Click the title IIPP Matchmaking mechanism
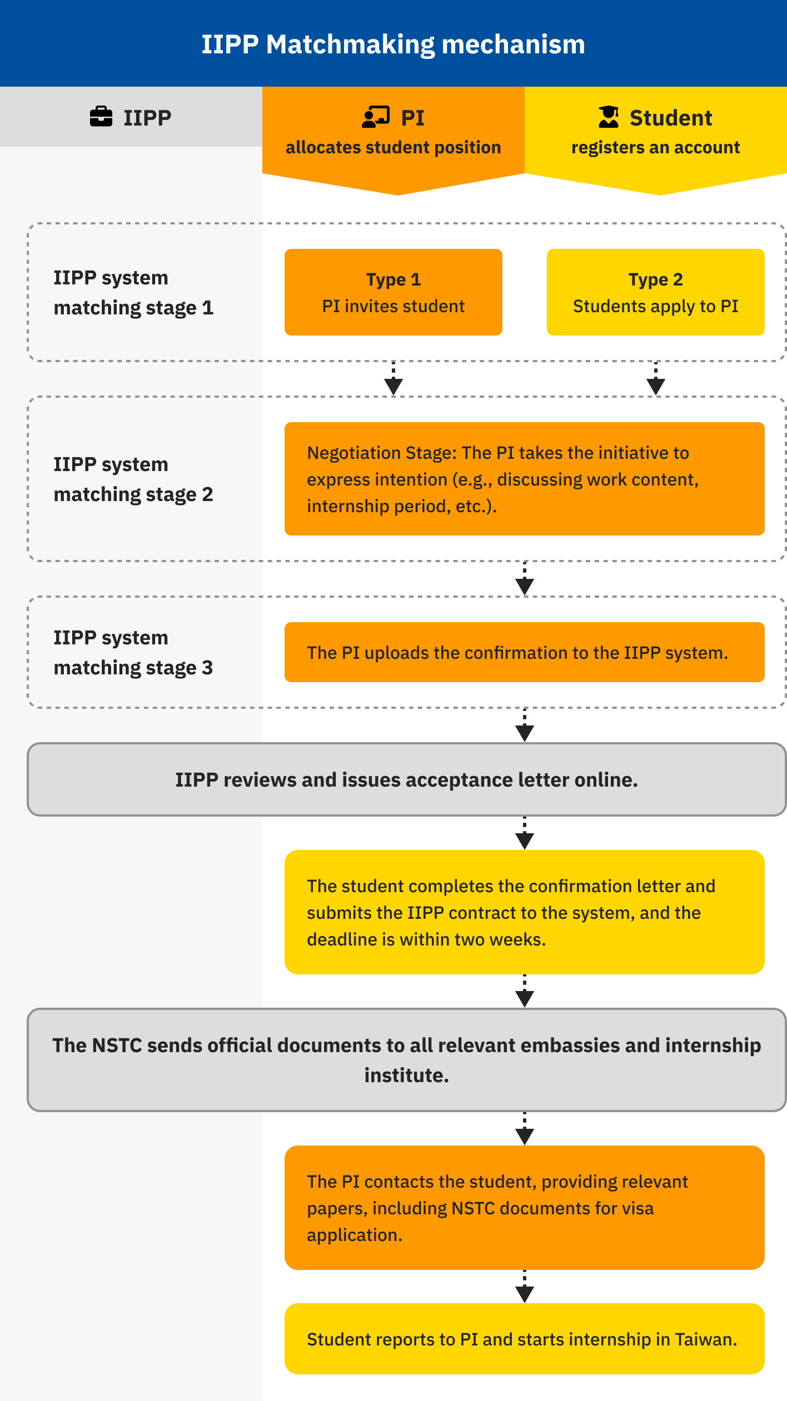tap(393, 44)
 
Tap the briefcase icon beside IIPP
tap(101, 117)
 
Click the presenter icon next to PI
tap(376, 117)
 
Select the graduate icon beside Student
tap(609, 117)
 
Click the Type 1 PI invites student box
tap(393, 292)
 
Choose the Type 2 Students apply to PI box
tap(656, 292)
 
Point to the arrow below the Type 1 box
tap(393, 378)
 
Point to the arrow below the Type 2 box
tap(656, 378)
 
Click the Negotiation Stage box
tap(525, 479)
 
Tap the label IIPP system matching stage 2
tap(133, 479)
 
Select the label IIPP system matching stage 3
tap(133, 652)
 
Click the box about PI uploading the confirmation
tap(525, 652)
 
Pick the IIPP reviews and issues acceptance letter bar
tap(407, 779)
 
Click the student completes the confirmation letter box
tap(525, 912)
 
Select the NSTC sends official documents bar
tap(407, 1060)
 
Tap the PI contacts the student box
tap(525, 1208)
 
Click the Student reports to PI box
tap(525, 1339)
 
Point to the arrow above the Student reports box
tap(525, 1287)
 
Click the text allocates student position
tap(393, 147)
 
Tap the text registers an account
tap(656, 147)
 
